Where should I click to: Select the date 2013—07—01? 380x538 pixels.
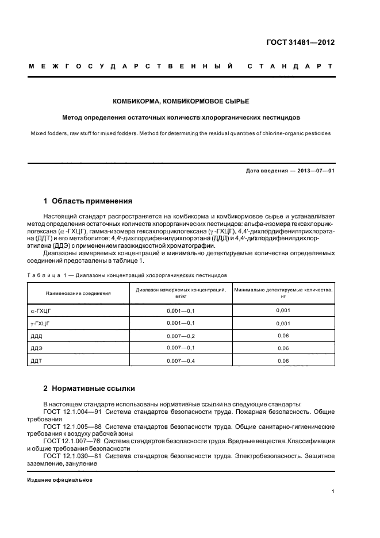tap(314, 171)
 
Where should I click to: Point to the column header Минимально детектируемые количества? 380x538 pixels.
tap(283, 290)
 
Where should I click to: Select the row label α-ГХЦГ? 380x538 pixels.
tap(41, 310)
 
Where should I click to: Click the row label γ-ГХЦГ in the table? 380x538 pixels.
tap(40, 323)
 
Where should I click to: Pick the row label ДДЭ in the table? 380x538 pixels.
tap(36, 348)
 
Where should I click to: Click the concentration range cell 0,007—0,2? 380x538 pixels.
tap(181, 336)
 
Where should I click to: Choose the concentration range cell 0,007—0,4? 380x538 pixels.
tap(181, 361)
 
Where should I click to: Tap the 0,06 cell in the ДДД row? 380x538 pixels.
tap(283, 336)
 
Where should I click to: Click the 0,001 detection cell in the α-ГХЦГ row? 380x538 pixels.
tap(283, 310)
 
